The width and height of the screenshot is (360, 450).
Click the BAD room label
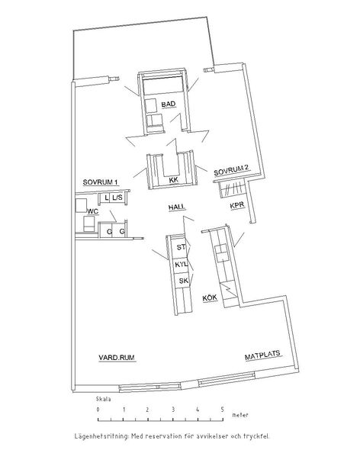click(169, 104)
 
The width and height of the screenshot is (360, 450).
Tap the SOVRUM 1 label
click(100, 182)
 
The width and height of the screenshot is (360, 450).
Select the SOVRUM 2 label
click(231, 171)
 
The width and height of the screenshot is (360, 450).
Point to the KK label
click(174, 180)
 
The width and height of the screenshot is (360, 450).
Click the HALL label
click(177, 207)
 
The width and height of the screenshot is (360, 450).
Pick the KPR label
click(237, 205)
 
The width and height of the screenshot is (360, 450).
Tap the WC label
click(93, 211)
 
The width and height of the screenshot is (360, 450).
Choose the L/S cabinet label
click(117, 198)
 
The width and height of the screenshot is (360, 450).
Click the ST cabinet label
click(182, 247)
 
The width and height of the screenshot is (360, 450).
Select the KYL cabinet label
click(182, 265)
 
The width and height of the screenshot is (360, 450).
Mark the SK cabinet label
click(184, 281)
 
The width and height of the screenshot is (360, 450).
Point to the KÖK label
click(210, 298)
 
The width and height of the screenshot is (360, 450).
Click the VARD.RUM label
click(117, 358)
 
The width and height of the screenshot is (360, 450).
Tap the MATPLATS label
click(262, 355)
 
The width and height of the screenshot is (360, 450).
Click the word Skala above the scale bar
click(104, 399)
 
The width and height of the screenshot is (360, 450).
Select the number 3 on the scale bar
click(173, 410)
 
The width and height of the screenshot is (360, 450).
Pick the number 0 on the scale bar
click(98, 410)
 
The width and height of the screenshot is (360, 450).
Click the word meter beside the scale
click(240, 415)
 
